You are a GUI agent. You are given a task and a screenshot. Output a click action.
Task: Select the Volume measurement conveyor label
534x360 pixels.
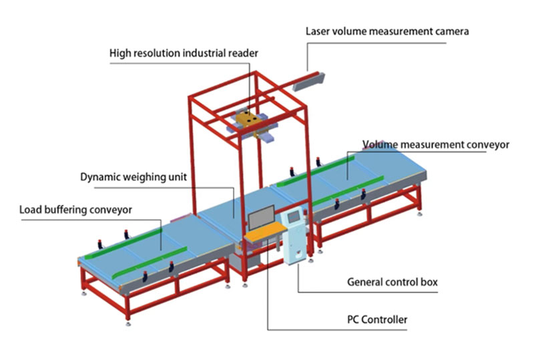[x=436, y=144]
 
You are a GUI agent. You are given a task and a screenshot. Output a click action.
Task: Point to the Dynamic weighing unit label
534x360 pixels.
[x=133, y=178]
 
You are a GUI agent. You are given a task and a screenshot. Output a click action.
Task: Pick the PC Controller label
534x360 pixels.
[x=377, y=320]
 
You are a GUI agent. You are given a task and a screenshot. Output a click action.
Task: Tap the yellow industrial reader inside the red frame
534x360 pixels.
[x=248, y=121]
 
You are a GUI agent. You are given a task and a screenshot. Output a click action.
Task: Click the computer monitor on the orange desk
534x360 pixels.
[x=261, y=220]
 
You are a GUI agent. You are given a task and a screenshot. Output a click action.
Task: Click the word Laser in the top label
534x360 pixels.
[x=318, y=31]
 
